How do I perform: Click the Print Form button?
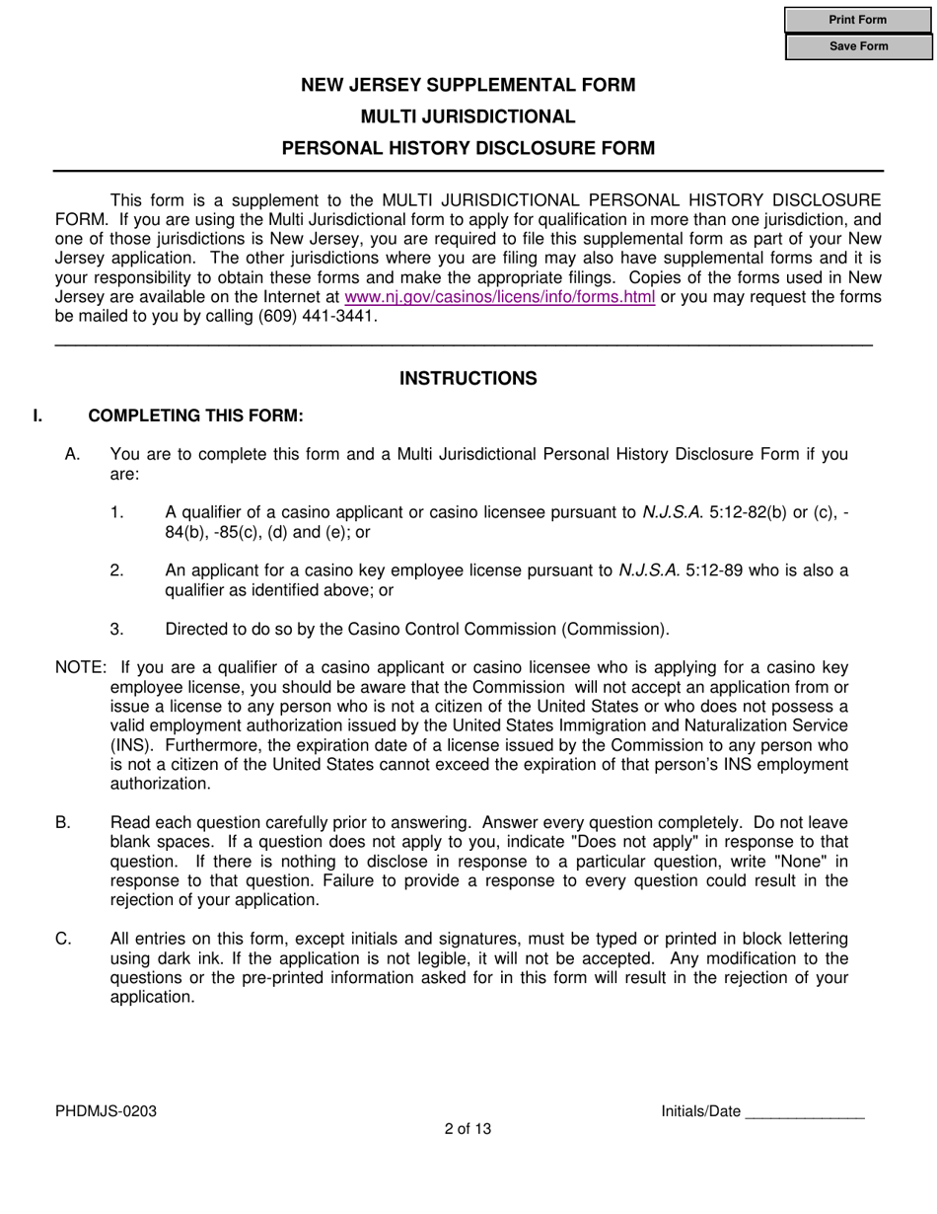pyautogui.click(x=858, y=20)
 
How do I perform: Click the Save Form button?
pyautogui.click(x=858, y=46)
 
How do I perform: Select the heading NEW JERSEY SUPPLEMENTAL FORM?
pyautogui.click(x=468, y=85)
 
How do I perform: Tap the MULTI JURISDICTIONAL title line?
pyautogui.click(x=468, y=116)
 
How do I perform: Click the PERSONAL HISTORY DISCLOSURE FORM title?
pyautogui.click(x=468, y=149)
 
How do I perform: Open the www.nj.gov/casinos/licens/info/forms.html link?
pyautogui.click(x=499, y=298)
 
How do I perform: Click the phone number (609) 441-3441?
pyautogui.click(x=316, y=317)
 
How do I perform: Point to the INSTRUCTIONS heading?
pyautogui.click(x=468, y=379)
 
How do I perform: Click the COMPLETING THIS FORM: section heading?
pyautogui.click(x=195, y=416)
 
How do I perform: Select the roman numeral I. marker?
pyautogui.click(x=37, y=416)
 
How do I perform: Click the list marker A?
pyautogui.click(x=71, y=454)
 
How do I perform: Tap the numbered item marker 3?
pyautogui.click(x=117, y=629)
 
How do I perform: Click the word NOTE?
pyautogui.click(x=80, y=668)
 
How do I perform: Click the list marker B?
pyautogui.click(x=63, y=822)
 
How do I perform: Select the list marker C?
pyautogui.click(x=63, y=939)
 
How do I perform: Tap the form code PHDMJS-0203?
pyautogui.click(x=106, y=1111)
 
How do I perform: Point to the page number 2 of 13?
pyautogui.click(x=468, y=1129)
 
